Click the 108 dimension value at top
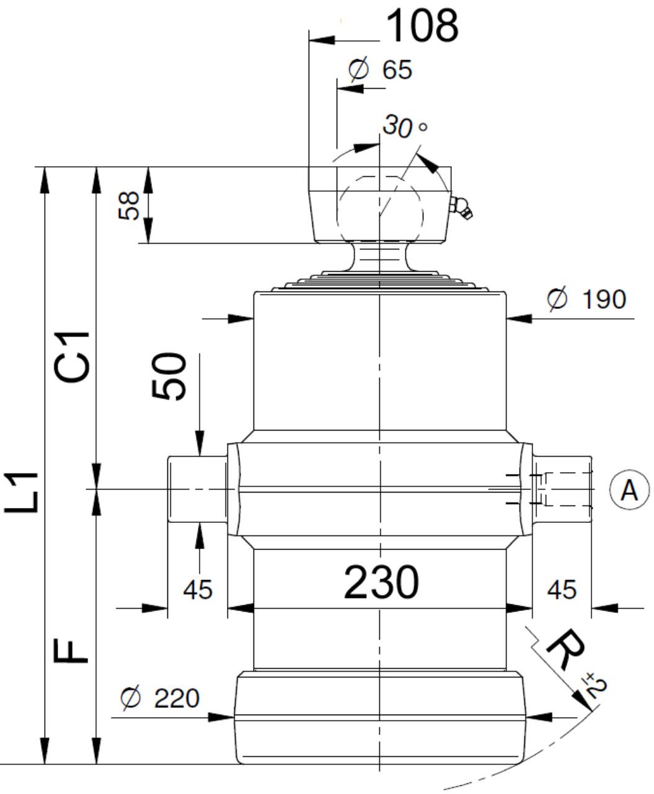pyautogui.click(x=422, y=26)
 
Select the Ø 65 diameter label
pyautogui.click(x=380, y=69)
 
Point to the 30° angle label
pyautogui.click(x=405, y=126)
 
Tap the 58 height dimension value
pyautogui.click(x=129, y=205)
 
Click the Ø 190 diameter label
pyautogui.click(x=586, y=299)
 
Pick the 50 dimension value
pyautogui.click(x=169, y=376)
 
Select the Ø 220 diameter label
pyautogui.click(x=160, y=698)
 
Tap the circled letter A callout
pyautogui.click(x=629, y=490)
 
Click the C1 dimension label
pyautogui.click(x=72, y=357)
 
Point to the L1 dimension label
pyautogui.click(x=21, y=492)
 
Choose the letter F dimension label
pyautogui.click(x=71, y=651)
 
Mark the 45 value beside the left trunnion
pyautogui.click(x=198, y=590)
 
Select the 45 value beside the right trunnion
pyautogui.click(x=562, y=590)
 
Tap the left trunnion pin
pyautogui.click(x=198, y=489)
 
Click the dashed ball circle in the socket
pyautogui.click(x=380, y=215)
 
